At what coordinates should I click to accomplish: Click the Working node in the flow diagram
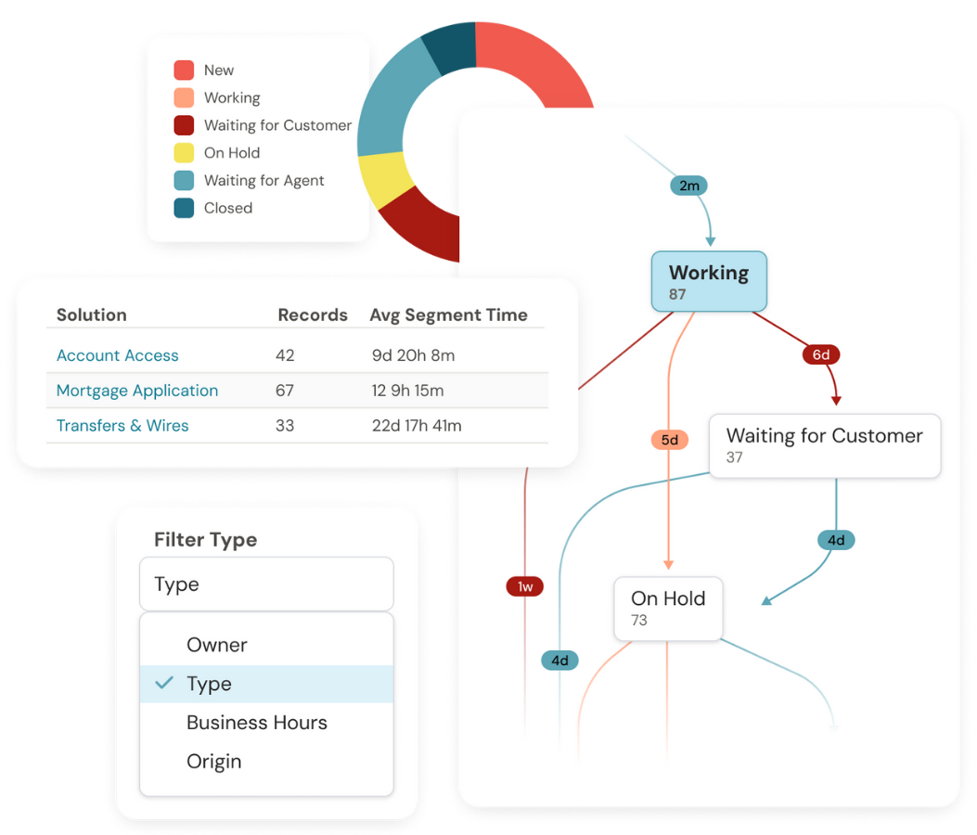[709, 281]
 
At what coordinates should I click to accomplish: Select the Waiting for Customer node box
[824, 445]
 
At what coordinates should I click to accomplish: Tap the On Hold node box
[668, 608]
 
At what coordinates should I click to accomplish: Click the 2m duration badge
[688, 186]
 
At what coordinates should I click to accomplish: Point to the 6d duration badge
[821, 353]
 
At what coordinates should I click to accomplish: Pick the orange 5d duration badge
[669, 439]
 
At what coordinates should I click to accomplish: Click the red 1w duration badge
[525, 586]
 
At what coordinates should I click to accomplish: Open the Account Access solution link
[118, 355]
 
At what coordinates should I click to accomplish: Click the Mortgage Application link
[137, 391]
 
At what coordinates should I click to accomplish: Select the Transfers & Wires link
[122, 426]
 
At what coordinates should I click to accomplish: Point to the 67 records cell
[285, 391]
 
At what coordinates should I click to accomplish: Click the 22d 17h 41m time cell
[417, 426]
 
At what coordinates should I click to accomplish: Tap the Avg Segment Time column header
[448, 315]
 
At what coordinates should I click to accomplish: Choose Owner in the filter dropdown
[217, 645]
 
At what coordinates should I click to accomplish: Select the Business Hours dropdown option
[257, 723]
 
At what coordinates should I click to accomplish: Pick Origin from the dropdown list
[214, 762]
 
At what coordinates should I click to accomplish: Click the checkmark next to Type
[165, 683]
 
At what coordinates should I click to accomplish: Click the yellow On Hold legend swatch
[184, 153]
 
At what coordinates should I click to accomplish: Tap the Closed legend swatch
[184, 208]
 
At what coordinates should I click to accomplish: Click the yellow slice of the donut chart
[383, 179]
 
